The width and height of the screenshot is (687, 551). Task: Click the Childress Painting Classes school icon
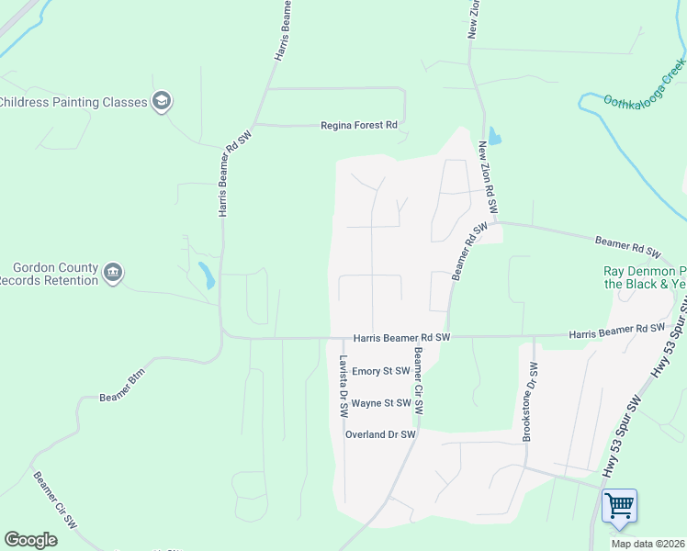tap(162, 102)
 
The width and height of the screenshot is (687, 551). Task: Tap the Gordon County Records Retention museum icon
tap(113, 273)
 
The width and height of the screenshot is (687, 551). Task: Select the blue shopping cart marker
tap(619, 505)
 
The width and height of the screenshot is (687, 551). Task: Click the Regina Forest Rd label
tap(358, 126)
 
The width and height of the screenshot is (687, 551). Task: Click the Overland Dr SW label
tap(381, 434)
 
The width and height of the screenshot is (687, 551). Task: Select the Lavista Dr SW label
tap(343, 387)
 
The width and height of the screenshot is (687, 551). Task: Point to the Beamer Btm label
tap(122, 397)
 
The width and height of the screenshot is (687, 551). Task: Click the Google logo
tap(30, 540)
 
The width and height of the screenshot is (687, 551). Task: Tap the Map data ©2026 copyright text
tap(647, 544)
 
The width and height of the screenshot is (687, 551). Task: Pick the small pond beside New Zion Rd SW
tap(495, 138)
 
